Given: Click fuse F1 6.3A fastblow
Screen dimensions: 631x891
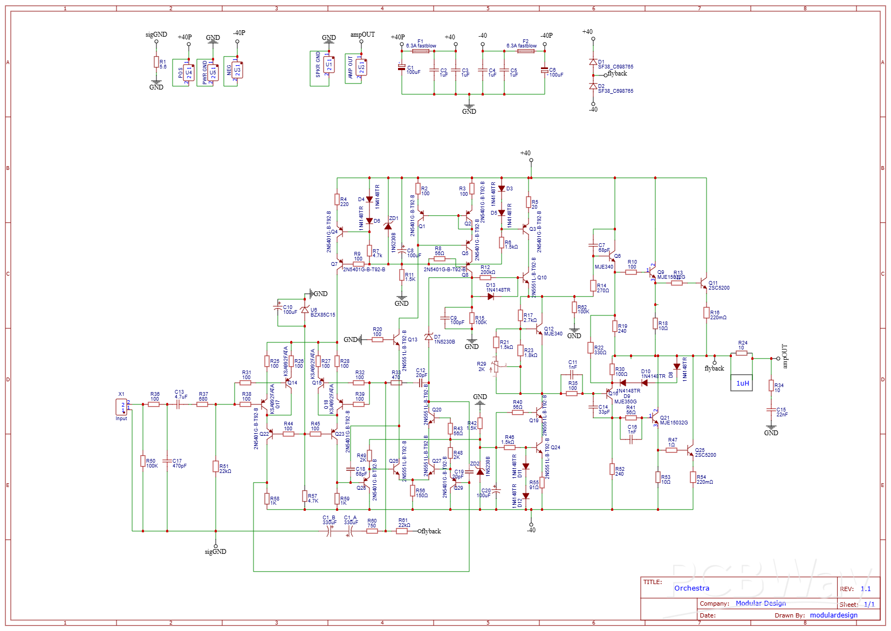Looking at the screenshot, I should (420, 51).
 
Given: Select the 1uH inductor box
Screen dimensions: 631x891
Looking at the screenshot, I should (742, 382).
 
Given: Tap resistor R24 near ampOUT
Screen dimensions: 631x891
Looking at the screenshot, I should (742, 354).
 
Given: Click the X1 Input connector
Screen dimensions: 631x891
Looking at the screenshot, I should (122, 407).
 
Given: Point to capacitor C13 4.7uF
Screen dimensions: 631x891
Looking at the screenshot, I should (179, 404).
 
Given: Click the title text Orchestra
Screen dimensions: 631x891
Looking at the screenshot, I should (691, 588).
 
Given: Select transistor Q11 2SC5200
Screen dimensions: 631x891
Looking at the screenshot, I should (703, 283).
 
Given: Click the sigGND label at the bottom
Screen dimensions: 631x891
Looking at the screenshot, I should (215, 552).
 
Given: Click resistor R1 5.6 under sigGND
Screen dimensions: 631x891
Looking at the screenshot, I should (156, 63).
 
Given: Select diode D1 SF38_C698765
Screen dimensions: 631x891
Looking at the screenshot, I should (593, 62).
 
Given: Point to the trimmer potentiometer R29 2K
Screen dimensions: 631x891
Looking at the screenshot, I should (496, 367).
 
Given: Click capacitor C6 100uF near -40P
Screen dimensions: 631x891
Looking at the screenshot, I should (544, 70).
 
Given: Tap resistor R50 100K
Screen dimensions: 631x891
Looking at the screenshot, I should (143, 462).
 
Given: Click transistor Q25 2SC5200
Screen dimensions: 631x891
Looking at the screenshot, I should (690, 450).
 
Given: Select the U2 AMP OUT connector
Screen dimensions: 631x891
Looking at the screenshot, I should (361, 68).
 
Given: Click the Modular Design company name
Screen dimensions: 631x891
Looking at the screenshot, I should (760, 603).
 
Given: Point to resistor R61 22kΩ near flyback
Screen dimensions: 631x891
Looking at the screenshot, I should (402, 531).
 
